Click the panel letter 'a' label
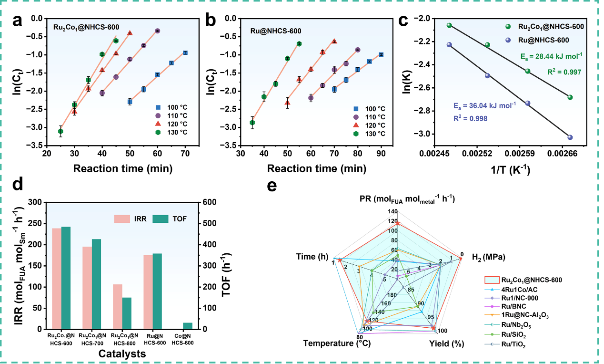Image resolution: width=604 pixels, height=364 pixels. click(17, 21)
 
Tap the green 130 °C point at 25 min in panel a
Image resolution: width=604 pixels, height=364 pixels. click(60, 131)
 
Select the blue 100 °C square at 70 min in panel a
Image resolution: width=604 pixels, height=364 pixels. click(185, 52)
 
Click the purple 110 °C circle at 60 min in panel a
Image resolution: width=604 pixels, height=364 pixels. click(158, 31)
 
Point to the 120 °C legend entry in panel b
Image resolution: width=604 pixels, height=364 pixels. click(370, 125)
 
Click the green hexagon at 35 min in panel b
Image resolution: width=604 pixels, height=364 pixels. click(252, 123)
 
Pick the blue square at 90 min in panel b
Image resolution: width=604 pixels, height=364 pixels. click(381, 54)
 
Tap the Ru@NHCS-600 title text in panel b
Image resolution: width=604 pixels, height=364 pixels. click(276, 31)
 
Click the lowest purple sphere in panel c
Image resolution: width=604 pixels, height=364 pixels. click(570, 137)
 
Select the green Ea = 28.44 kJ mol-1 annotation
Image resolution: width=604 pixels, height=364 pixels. click(551, 56)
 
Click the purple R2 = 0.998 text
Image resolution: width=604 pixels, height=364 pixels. click(470, 118)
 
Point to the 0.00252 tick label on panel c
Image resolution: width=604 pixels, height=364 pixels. click(476, 154)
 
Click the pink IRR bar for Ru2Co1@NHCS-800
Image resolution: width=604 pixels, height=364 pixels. click(118, 307)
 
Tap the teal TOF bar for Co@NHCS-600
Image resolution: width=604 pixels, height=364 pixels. click(188, 326)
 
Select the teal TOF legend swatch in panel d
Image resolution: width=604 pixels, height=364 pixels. click(161, 218)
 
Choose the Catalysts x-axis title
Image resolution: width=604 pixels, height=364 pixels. click(122, 354)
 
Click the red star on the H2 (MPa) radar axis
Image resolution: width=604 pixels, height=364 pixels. click(461, 259)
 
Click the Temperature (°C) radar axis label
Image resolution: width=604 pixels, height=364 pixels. click(337, 343)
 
